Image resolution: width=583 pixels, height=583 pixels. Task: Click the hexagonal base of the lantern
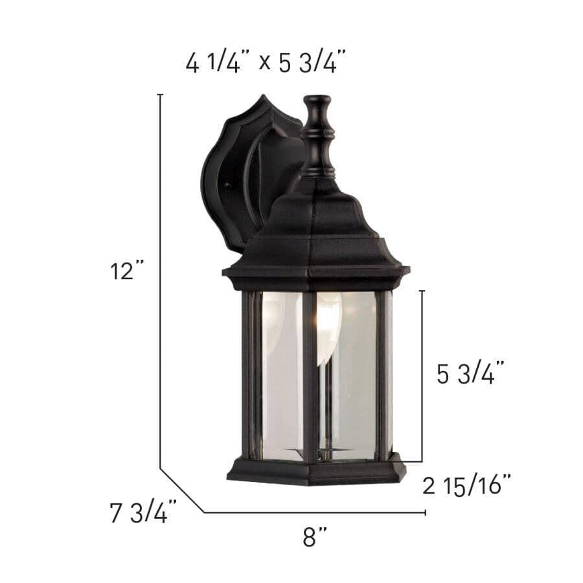316,471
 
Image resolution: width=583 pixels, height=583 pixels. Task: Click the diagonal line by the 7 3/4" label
182,490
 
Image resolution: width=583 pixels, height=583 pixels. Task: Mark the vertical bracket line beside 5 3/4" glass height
422,376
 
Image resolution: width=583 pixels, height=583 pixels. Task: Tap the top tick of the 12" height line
160,95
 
